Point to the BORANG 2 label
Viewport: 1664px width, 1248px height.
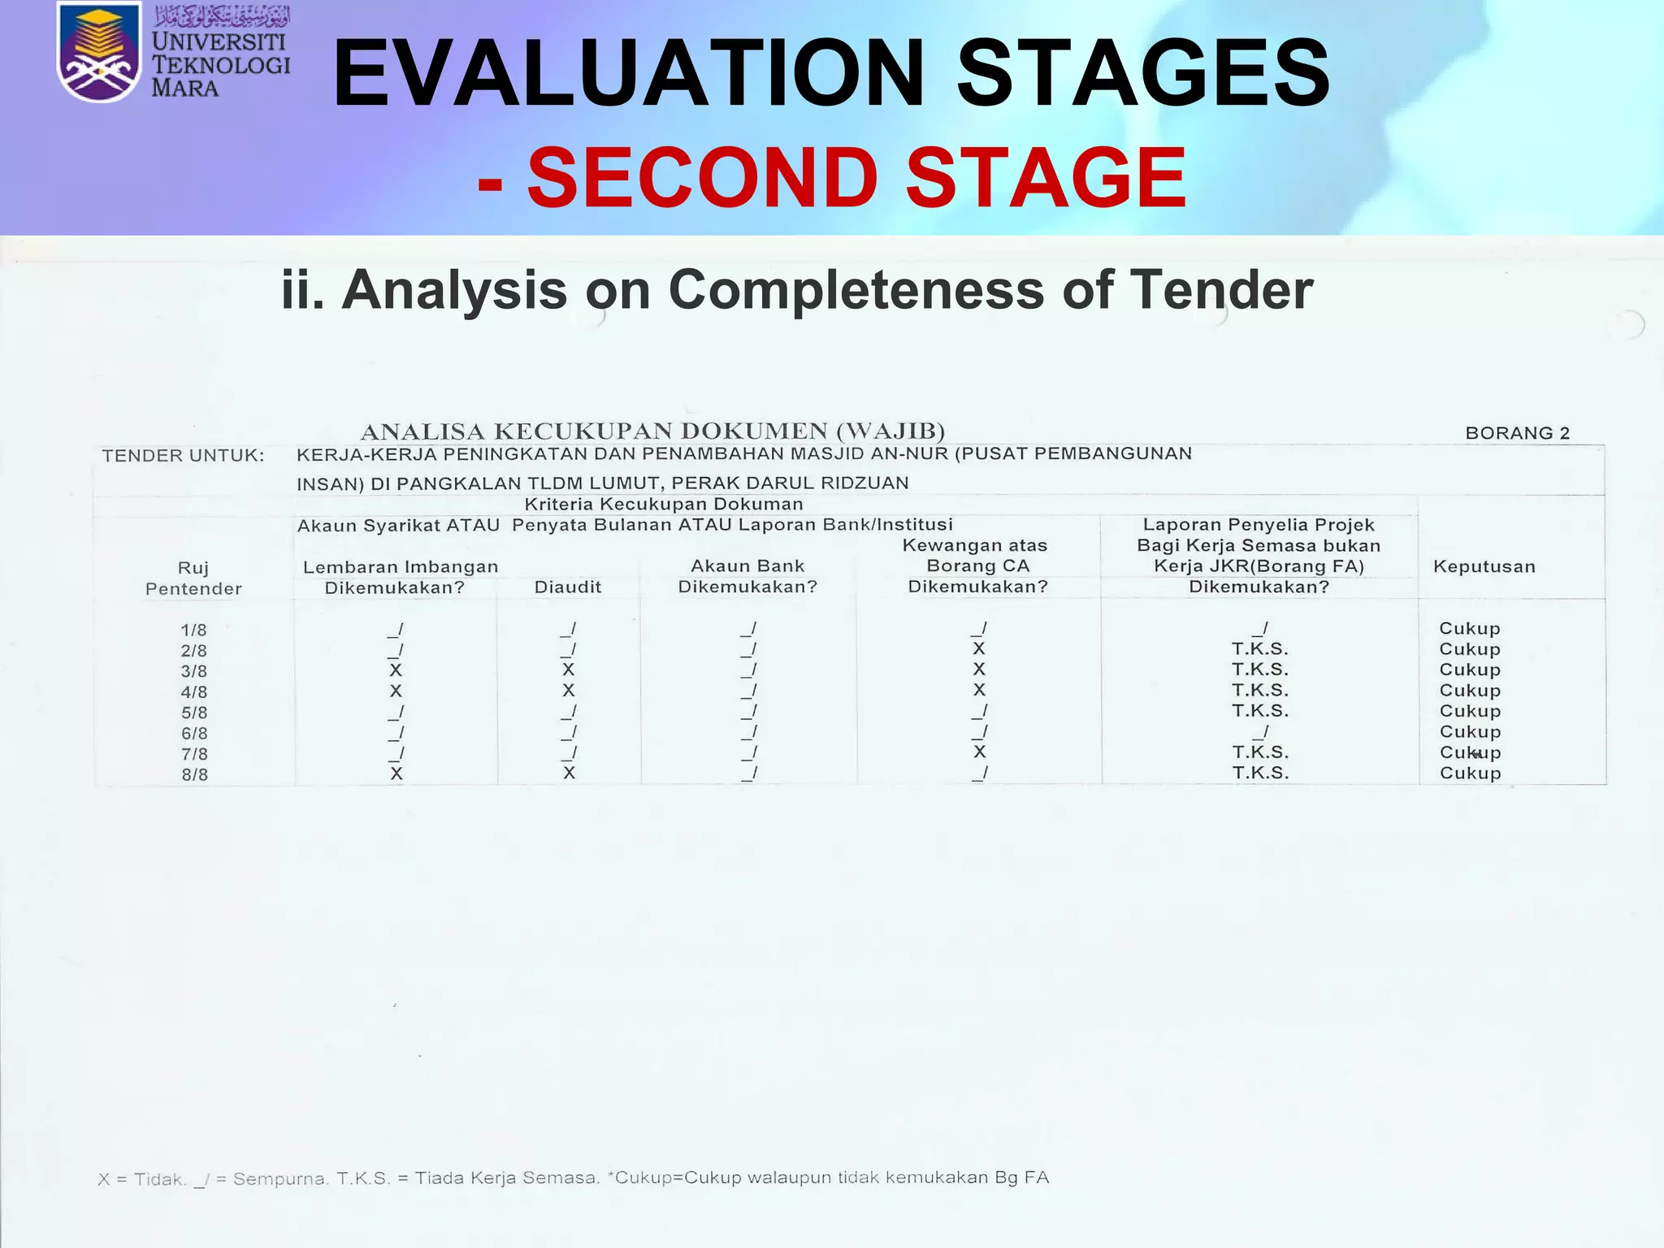click(1517, 433)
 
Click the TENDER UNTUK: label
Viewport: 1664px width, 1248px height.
click(183, 456)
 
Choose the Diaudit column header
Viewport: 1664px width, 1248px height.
click(567, 587)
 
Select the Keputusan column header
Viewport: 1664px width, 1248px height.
click(1484, 566)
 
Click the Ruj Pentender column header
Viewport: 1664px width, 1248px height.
click(193, 578)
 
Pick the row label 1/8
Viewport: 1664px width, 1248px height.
click(193, 630)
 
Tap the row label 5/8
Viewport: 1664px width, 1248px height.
click(194, 713)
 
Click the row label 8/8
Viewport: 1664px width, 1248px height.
click(194, 774)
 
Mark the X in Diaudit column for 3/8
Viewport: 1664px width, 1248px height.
click(568, 669)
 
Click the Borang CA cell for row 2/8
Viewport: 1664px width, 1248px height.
click(978, 648)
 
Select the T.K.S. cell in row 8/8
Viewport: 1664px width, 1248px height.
click(1259, 773)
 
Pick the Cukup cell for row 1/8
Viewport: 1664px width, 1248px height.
click(1469, 628)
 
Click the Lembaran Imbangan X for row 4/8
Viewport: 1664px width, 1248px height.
click(396, 691)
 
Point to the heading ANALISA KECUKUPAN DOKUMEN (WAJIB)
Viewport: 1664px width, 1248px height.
click(652, 431)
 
